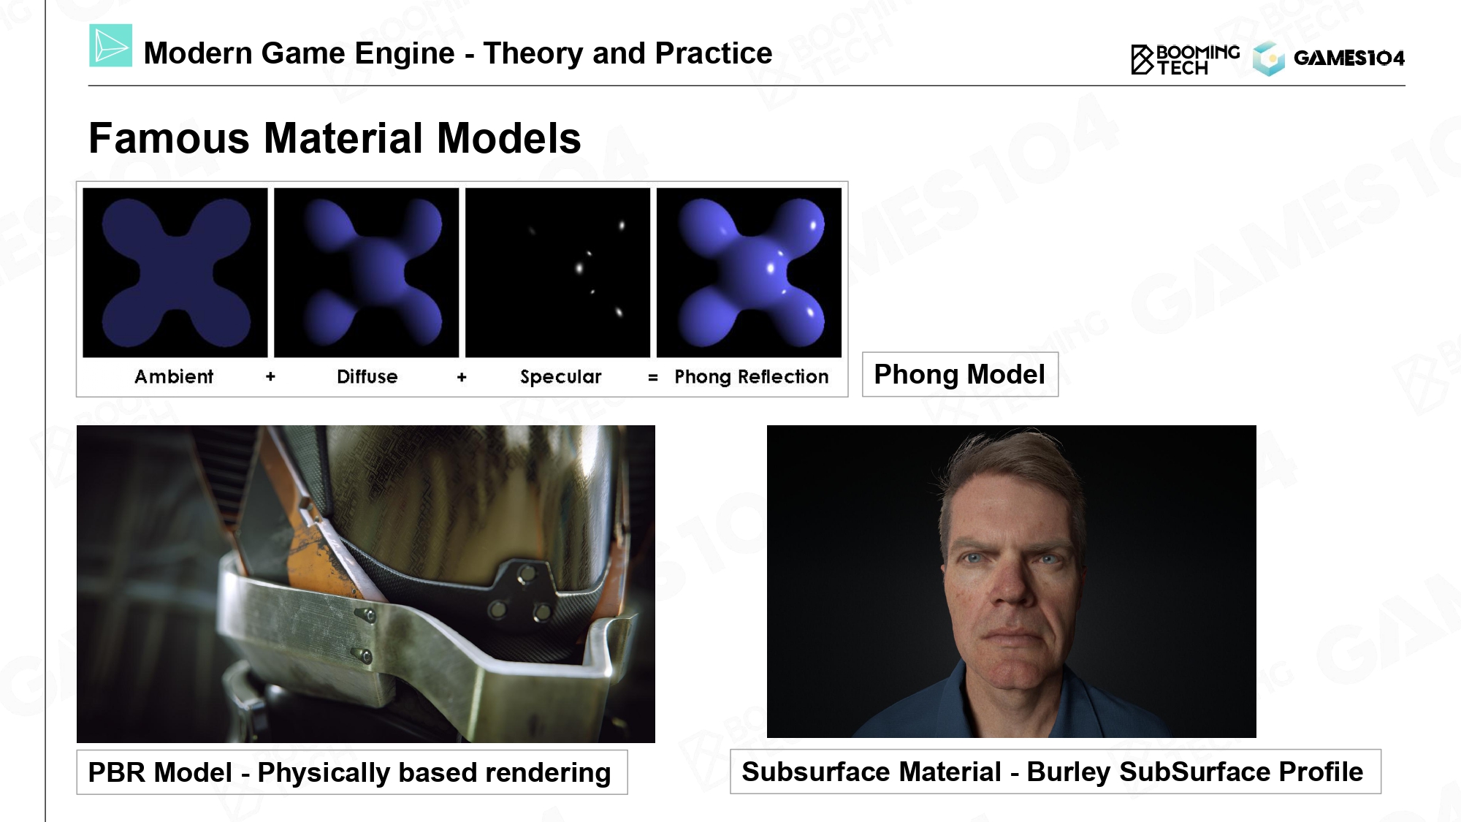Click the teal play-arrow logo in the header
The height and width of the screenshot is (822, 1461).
[110, 45]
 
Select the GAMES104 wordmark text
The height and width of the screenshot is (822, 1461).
[1349, 58]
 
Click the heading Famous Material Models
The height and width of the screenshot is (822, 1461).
[335, 137]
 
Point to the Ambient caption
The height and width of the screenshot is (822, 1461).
[174, 376]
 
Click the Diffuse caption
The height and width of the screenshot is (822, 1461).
[367, 376]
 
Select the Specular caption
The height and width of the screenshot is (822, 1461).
[560, 377]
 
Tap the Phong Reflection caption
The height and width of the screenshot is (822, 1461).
[751, 377]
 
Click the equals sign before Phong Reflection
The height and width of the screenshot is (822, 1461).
[652, 378]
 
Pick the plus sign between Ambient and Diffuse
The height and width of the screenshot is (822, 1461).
[270, 376]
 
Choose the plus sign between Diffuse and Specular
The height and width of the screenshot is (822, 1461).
[462, 377]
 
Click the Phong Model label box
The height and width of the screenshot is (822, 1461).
[960, 375]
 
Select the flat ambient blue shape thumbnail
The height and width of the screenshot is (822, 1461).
[175, 273]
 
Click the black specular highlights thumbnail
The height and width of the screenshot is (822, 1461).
[557, 273]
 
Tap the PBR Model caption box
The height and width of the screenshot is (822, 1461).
[352, 772]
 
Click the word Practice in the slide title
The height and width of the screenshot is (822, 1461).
[713, 53]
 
